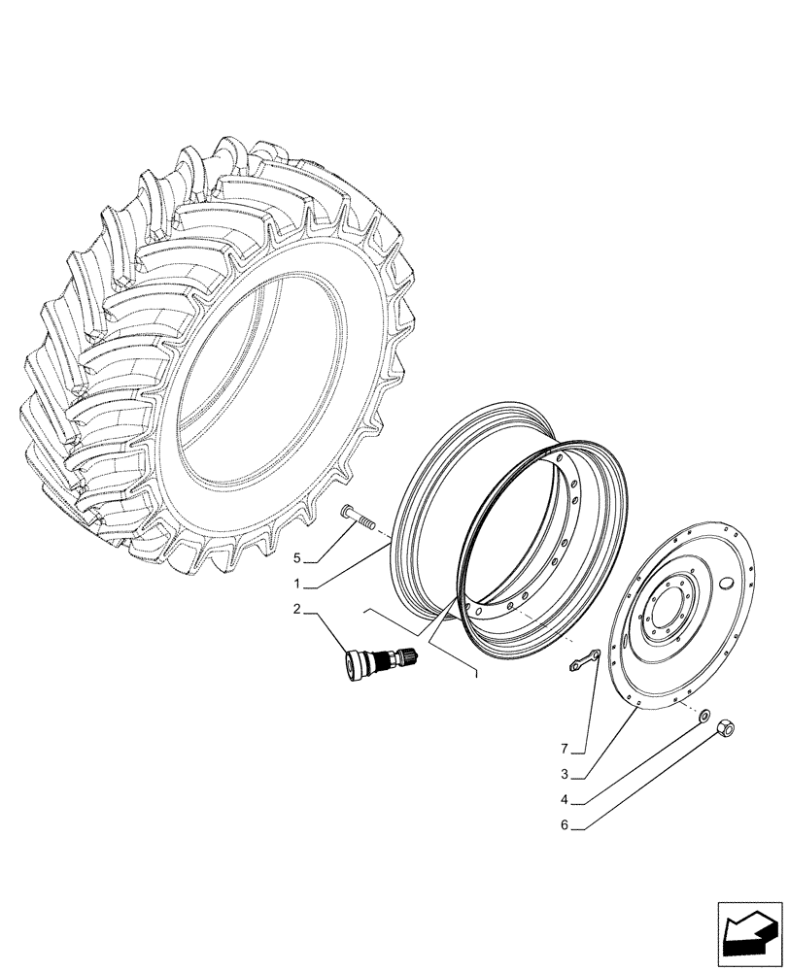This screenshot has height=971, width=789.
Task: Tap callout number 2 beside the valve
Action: coord(299,609)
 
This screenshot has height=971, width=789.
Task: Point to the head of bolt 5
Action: coord(349,512)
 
